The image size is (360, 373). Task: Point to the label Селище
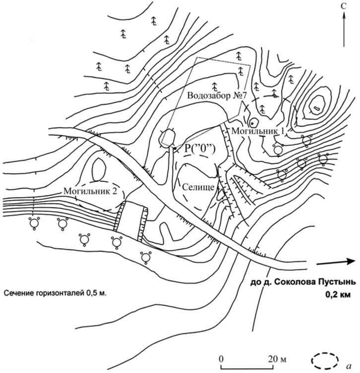pos(197,187)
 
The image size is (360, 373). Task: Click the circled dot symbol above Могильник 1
pos(253,120)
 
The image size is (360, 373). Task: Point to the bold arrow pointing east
pos(335,262)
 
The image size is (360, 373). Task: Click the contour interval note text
pos(55,293)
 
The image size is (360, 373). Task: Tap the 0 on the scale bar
pos(222,358)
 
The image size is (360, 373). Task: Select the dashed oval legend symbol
pos(325,360)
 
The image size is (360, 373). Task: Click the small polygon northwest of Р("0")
pos(167,138)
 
